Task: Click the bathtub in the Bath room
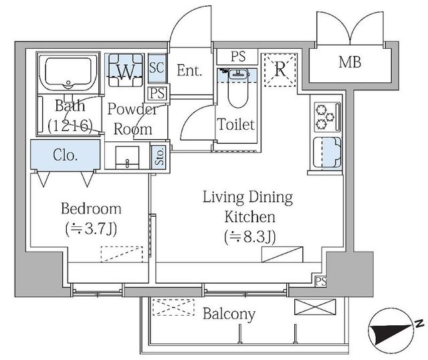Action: (68, 72)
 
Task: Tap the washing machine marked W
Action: (126, 70)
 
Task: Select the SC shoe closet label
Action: (157, 68)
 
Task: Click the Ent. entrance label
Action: (189, 70)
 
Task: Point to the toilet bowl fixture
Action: (238, 88)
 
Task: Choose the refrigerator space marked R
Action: (280, 70)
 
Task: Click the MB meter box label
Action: (350, 62)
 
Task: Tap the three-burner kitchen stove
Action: (327, 116)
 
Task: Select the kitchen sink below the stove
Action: (327, 152)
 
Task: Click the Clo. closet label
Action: (65, 155)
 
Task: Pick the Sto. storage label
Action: (160, 157)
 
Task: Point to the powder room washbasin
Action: (127, 158)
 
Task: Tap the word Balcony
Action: (229, 314)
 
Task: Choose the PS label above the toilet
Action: (238, 56)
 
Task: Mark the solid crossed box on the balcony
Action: (315, 307)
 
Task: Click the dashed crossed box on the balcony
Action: (173, 307)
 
